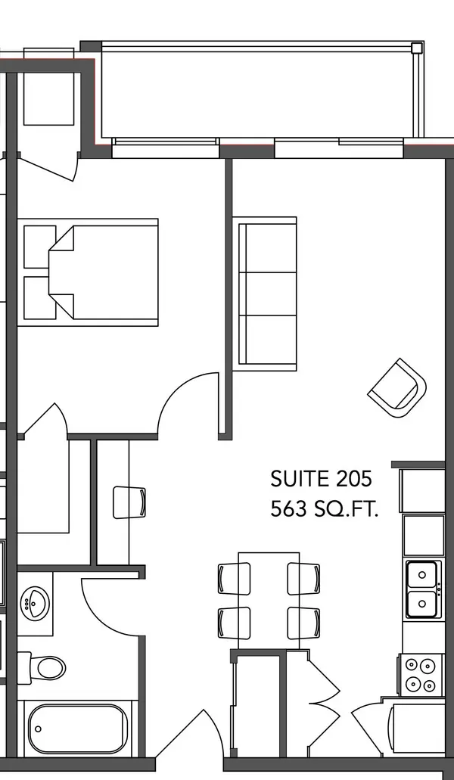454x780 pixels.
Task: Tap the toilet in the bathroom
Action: [48, 667]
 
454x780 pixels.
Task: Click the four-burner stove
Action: [420, 674]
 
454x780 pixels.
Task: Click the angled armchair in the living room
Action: [398, 387]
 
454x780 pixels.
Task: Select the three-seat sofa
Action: [267, 291]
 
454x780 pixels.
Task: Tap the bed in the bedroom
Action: [106, 272]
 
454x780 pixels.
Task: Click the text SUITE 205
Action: [321, 478]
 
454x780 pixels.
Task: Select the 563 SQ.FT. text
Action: [324, 509]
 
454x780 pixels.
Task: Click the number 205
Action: [353, 478]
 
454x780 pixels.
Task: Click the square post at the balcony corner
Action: [416, 48]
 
